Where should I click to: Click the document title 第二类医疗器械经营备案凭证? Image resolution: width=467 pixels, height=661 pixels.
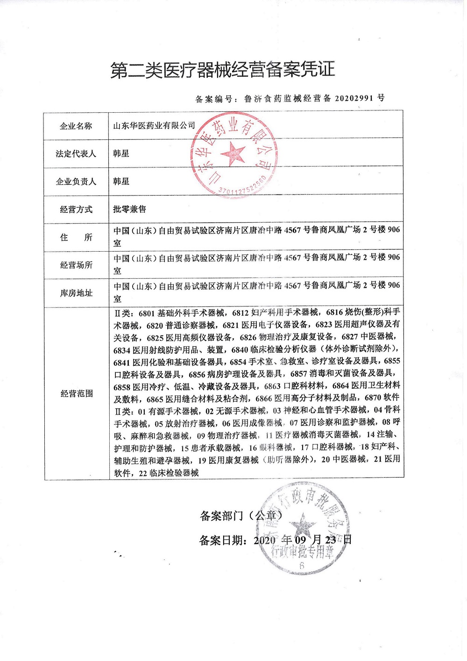(223, 70)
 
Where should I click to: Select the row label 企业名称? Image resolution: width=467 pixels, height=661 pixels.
(76, 126)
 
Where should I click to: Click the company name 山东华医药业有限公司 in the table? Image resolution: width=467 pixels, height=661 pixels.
(154, 125)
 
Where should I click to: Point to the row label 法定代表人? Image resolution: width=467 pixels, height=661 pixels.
(76, 153)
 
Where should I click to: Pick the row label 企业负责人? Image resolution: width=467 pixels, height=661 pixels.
(76, 182)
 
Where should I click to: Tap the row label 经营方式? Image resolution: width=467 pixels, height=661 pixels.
(76, 210)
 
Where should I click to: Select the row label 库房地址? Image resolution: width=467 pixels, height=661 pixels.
(76, 293)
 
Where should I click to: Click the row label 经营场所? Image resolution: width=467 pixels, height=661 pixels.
(76, 265)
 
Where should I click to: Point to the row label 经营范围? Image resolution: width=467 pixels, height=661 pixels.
(77, 394)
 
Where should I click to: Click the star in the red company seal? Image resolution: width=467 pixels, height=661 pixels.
(233, 153)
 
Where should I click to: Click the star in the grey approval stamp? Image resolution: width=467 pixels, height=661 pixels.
(302, 523)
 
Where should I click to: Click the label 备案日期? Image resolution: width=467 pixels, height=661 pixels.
(222, 540)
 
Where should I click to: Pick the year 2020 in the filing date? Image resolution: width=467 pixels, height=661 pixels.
(265, 540)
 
